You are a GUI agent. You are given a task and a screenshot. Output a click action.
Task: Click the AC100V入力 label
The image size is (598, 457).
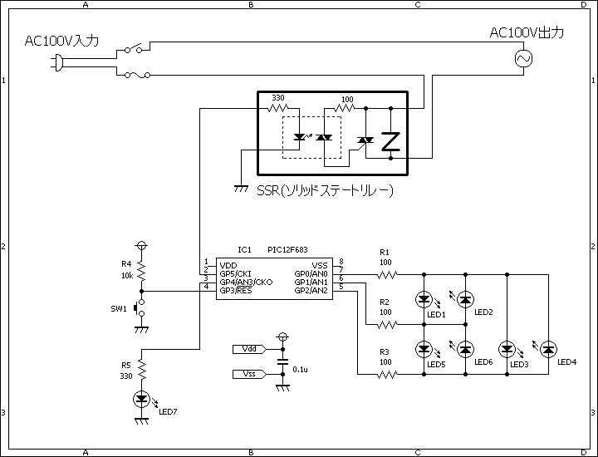[61, 41]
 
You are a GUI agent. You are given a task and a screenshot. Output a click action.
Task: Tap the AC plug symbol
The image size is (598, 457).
[56, 63]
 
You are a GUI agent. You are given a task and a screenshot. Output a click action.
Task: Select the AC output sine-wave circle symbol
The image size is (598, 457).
[523, 58]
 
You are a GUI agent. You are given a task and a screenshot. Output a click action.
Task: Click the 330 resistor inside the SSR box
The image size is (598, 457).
[278, 108]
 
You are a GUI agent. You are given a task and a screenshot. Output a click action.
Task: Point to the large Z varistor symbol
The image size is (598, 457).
[391, 141]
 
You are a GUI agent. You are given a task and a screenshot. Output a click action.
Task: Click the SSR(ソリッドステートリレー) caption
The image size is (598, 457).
[325, 190]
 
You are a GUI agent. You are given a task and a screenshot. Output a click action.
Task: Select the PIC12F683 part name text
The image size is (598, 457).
[287, 250]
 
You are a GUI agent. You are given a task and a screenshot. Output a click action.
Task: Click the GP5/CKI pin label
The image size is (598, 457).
[235, 274]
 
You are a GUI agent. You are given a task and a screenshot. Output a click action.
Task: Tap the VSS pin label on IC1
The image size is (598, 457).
[320, 266]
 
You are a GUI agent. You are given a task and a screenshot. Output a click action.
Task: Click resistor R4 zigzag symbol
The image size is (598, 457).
[141, 271]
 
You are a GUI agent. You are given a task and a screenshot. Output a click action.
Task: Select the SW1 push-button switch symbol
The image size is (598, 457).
[140, 307]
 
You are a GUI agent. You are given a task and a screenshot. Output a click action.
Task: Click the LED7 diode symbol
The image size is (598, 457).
[141, 400]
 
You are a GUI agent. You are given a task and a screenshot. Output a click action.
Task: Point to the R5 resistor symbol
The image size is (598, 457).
[142, 369]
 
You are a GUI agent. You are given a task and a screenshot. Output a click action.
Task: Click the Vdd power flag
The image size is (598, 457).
[249, 349]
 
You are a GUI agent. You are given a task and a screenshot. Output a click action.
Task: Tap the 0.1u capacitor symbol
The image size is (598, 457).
[282, 362]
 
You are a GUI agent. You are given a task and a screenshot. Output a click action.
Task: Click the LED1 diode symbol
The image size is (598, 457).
[424, 299]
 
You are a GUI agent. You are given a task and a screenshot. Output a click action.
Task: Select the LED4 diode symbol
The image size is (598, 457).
[548, 349]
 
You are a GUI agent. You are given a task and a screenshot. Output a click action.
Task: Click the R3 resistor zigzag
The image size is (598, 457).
[387, 375]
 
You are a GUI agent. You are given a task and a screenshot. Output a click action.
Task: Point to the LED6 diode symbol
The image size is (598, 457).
[465, 349]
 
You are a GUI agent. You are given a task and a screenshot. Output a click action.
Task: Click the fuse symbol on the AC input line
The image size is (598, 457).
[137, 75]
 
